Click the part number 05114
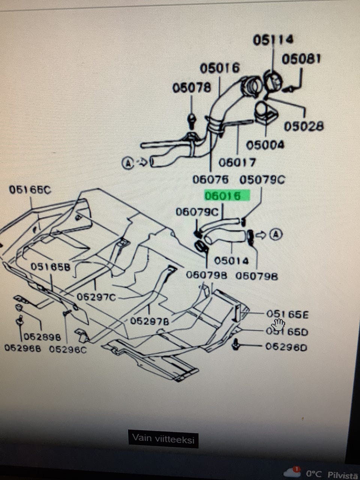coord(273,39)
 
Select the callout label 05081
coord(301,59)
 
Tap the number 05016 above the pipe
coord(219,68)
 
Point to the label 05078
coord(191,88)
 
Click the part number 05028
coord(303,126)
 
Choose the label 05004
coord(265,145)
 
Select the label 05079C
coord(262,180)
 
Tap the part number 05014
coord(231,260)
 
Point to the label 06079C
coord(197,212)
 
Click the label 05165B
coord(51,267)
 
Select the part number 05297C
coord(96,297)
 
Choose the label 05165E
coord(287,314)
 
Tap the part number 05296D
coord(286,347)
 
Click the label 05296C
coord(68,349)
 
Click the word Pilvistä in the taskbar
coord(342,475)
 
